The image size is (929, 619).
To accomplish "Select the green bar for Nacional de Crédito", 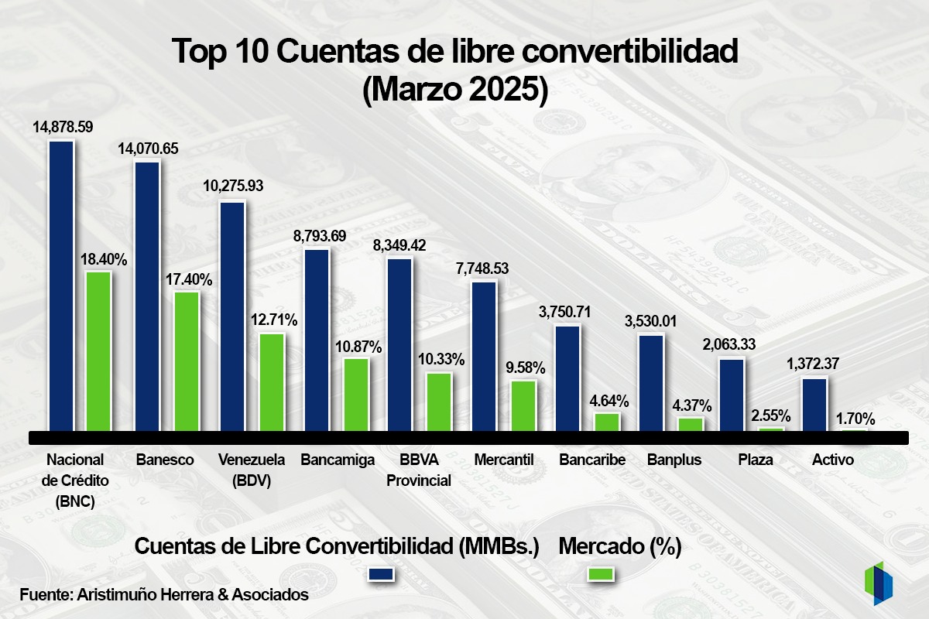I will coord(98,351).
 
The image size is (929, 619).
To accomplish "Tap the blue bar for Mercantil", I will coord(484,357).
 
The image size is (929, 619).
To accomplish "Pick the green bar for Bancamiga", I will coord(356,395).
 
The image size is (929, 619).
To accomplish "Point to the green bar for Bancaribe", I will coord(607,422).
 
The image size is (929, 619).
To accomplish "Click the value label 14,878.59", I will coord(63,127).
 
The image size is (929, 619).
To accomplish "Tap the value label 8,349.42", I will coord(399,245).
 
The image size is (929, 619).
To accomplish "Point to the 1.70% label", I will coord(855,419).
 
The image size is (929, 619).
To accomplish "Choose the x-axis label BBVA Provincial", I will coord(418,470).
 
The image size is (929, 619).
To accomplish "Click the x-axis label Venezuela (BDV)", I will coord(252,470).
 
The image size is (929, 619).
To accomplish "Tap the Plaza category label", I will coord(756,460).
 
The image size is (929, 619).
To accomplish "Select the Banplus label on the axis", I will coord(674,460).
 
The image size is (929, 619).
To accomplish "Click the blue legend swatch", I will coord(382,573).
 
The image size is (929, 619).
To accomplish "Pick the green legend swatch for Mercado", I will coord(602,573).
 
